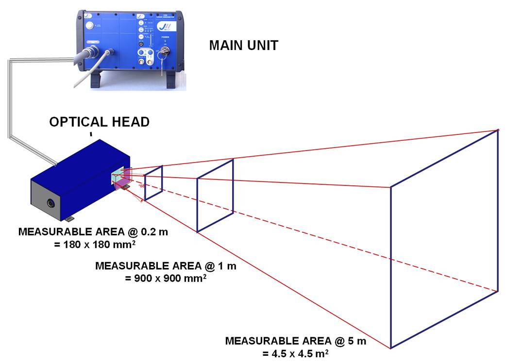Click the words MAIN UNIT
coord(243,46)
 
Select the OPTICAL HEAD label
coord(99,122)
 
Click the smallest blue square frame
coord(153,182)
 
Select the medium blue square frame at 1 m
coord(215,196)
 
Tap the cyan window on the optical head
coord(118,178)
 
